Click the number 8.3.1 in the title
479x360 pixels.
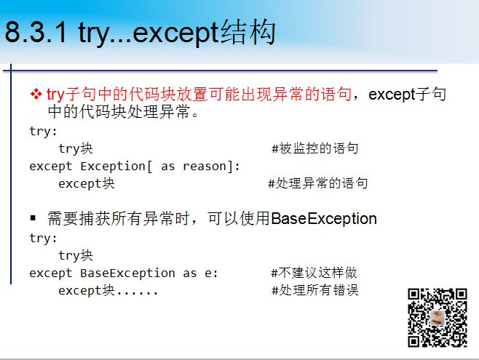pos(36,32)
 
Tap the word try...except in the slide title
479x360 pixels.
pos(149,33)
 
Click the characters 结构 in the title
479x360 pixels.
pos(248,32)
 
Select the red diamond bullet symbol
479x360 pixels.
pos(36,94)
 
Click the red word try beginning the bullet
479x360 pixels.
pos(55,95)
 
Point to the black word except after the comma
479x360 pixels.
pos(392,95)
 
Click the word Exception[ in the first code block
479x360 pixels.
pos(116,167)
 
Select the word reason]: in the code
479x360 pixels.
pos(211,167)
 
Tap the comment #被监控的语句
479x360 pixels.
pos(315,148)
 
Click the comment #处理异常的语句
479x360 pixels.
pos(317,183)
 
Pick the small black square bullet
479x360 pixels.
pos(33,218)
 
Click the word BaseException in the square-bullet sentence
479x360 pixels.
pos(324,218)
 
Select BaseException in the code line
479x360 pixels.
pos(127,273)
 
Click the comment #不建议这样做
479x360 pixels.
pos(314,273)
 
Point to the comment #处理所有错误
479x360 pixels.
pos(315,290)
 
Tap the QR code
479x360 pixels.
pos(438,318)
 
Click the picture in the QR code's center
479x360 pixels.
pos(438,318)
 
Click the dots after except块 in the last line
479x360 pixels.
pos(137,294)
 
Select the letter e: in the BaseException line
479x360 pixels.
pos(211,273)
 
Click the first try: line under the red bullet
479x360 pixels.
pos(43,132)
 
